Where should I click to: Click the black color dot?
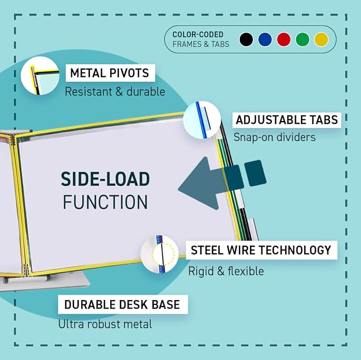(x=246, y=39)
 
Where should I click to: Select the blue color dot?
(x=265, y=39)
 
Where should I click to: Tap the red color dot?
(x=284, y=39)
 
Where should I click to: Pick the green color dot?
(x=303, y=39)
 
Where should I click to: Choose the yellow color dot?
(x=321, y=39)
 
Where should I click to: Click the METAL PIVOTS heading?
(x=110, y=73)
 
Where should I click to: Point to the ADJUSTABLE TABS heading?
(x=287, y=120)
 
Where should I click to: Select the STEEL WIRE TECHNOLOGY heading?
(x=261, y=250)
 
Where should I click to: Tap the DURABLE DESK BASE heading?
(x=122, y=305)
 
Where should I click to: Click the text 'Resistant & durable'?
(x=115, y=91)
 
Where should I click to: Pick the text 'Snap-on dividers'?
(x=274, y=137)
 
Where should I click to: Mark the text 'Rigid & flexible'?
(x=226, y=271)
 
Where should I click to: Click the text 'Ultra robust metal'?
(x=105, y=324)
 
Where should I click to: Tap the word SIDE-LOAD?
(x=105, y=179)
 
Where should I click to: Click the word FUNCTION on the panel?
(x=105, y=202)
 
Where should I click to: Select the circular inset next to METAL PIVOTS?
(x=40, y=76)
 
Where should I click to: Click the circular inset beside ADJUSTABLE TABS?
(x=202, y=120)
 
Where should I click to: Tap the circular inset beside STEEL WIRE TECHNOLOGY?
(x=159, y=254)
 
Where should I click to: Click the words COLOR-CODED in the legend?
(x=198, y=35)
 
